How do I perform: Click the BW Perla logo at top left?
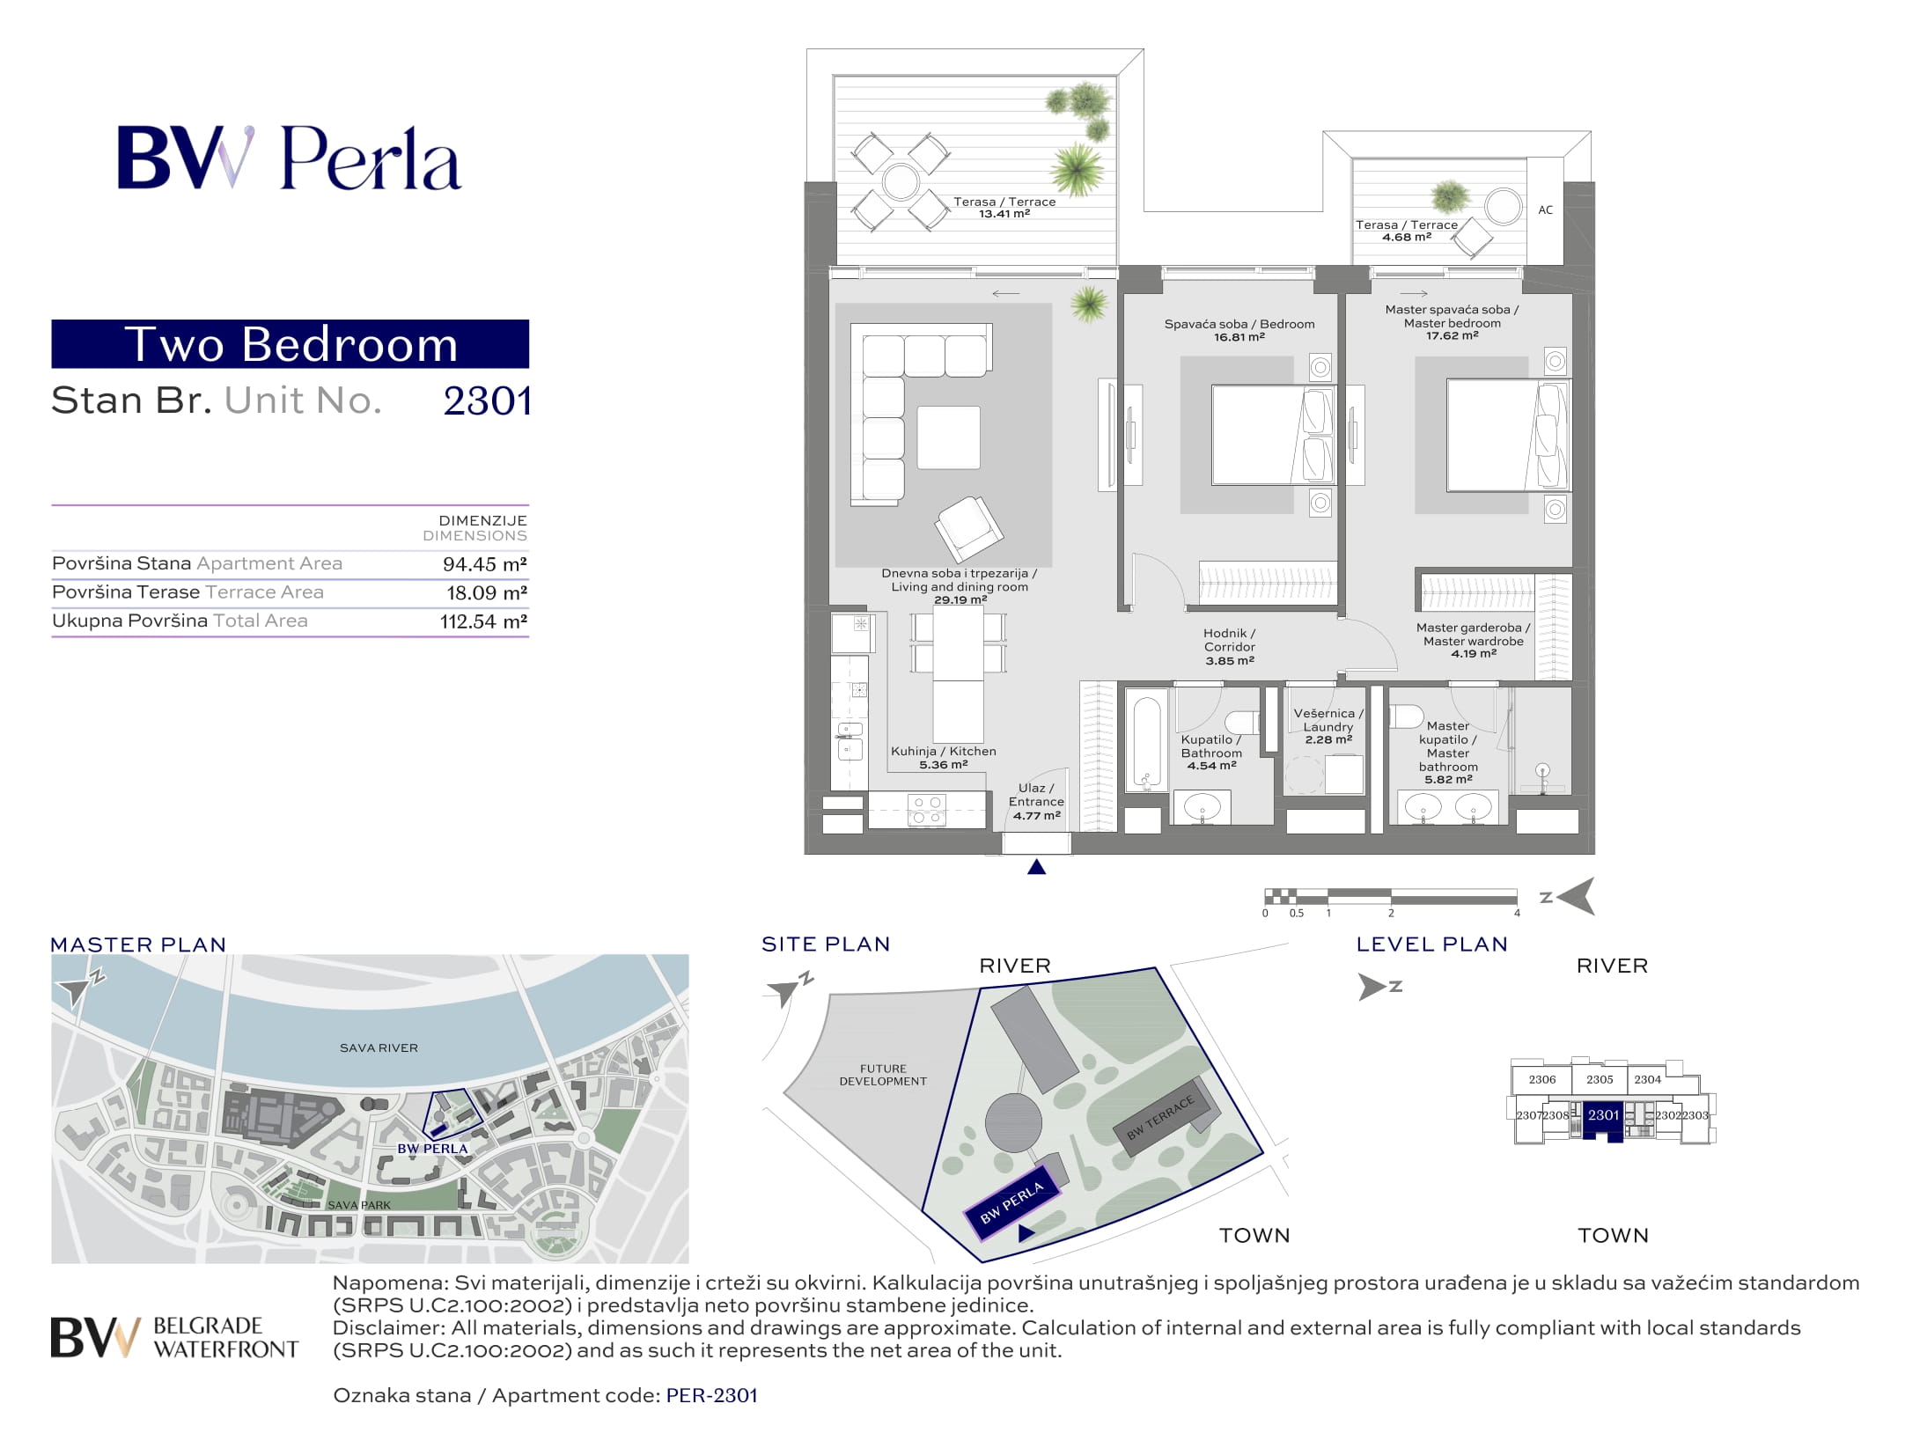[290, 158]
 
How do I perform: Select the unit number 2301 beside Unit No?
[487, 401]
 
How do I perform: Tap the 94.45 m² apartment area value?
[484, 564]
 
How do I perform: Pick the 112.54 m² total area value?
[483, 621]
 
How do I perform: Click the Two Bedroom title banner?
[291, 344]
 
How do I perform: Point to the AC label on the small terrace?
[1545, 210]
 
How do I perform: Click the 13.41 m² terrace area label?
[1004, 214]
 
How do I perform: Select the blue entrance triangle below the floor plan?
[1037, 867]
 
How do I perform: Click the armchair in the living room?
[968, 529]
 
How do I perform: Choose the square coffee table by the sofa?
[948, 437]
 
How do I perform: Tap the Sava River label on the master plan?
[379, 1048]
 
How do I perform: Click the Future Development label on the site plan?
[883, 1075]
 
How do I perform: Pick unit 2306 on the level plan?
[1542, 1079]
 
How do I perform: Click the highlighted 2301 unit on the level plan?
[1603, 1116]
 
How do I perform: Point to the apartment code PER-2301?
[712, 1396]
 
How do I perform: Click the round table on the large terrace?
[901, 182]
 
